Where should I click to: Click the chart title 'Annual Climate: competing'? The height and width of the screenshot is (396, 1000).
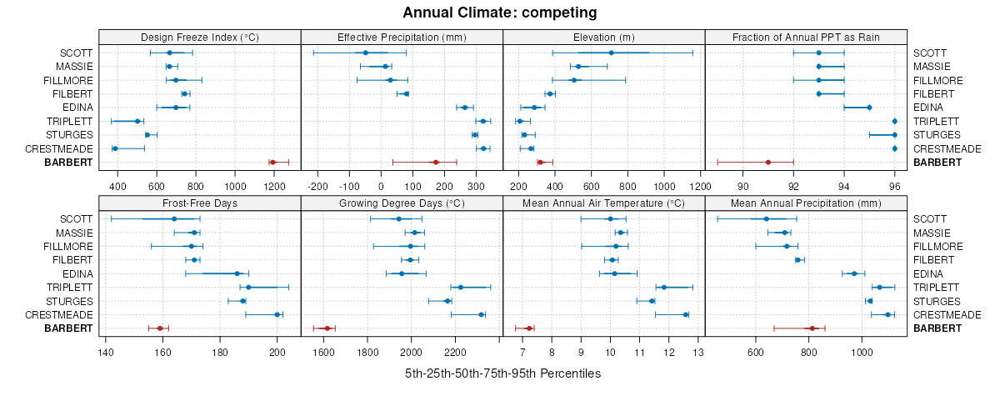[500, 13]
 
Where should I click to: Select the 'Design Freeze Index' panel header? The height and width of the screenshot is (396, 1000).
[199, 37]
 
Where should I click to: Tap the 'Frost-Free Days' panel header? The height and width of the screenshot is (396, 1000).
[199, 203]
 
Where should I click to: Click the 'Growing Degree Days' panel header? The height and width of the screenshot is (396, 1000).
[402, 203]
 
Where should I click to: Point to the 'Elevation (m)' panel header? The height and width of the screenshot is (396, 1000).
[604, 37]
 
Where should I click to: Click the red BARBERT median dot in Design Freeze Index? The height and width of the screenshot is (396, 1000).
[272, 162]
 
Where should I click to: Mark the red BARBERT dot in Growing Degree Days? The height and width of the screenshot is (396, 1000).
[327, 328]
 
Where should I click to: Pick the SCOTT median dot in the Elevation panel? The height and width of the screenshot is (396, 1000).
[612, 53]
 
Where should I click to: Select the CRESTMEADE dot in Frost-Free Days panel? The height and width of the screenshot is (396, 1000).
[277, 314]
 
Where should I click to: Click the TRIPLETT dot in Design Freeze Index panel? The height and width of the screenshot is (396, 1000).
[137, 121]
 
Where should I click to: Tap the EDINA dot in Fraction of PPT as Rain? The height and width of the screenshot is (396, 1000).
[869, 108]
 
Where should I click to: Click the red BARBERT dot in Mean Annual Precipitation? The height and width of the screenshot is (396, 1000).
[812, 328]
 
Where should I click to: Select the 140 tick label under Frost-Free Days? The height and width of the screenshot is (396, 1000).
[106, 351]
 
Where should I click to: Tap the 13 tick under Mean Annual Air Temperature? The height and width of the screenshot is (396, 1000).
[698, 351]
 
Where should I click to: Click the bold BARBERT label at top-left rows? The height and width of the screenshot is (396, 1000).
[70, 162]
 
